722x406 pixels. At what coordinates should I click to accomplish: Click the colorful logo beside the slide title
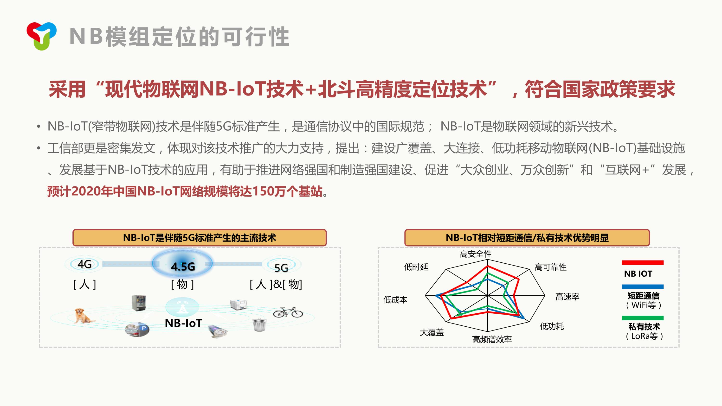pyautogui.click(x=41, y=36)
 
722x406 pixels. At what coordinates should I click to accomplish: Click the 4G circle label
pyautogui.click(x=84, y=264)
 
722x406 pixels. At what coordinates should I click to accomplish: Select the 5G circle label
pyautogui.click(x=281, y=266)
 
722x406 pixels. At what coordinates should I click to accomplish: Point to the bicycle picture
pyautogui.click(x=288, y=312)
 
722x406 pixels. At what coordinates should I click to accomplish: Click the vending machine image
pyautogui.click(x=139, y=303)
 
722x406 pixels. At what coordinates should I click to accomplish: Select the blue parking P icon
pyautogui.click(x=144, y=328)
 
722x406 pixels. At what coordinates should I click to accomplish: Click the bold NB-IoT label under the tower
pyautogui.click(x=183, y=323)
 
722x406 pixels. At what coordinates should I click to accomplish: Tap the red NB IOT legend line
pyautogui.click(x=643, y=263)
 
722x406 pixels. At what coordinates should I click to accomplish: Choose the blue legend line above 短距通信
pyautogui.click(x=643, y=287)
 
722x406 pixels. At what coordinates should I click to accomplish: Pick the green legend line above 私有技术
pyautogui.click(x=643, y=318)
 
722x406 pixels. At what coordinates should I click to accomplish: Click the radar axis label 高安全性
pyautogui.click(x=476, y=254)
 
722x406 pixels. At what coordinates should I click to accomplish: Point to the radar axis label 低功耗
pyautogui.click(x=552, y=326)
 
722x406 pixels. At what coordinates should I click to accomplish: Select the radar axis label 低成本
pyautogui.click(x=395, y=300)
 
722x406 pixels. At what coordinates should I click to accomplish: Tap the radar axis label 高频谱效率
pyautogui.click(x=492, y=339)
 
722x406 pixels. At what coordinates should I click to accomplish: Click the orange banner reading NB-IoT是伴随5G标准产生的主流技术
pyautogui.click(x=200, y=238)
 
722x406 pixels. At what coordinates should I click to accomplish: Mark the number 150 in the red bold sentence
pyautogui.click(x=262, y=191)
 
